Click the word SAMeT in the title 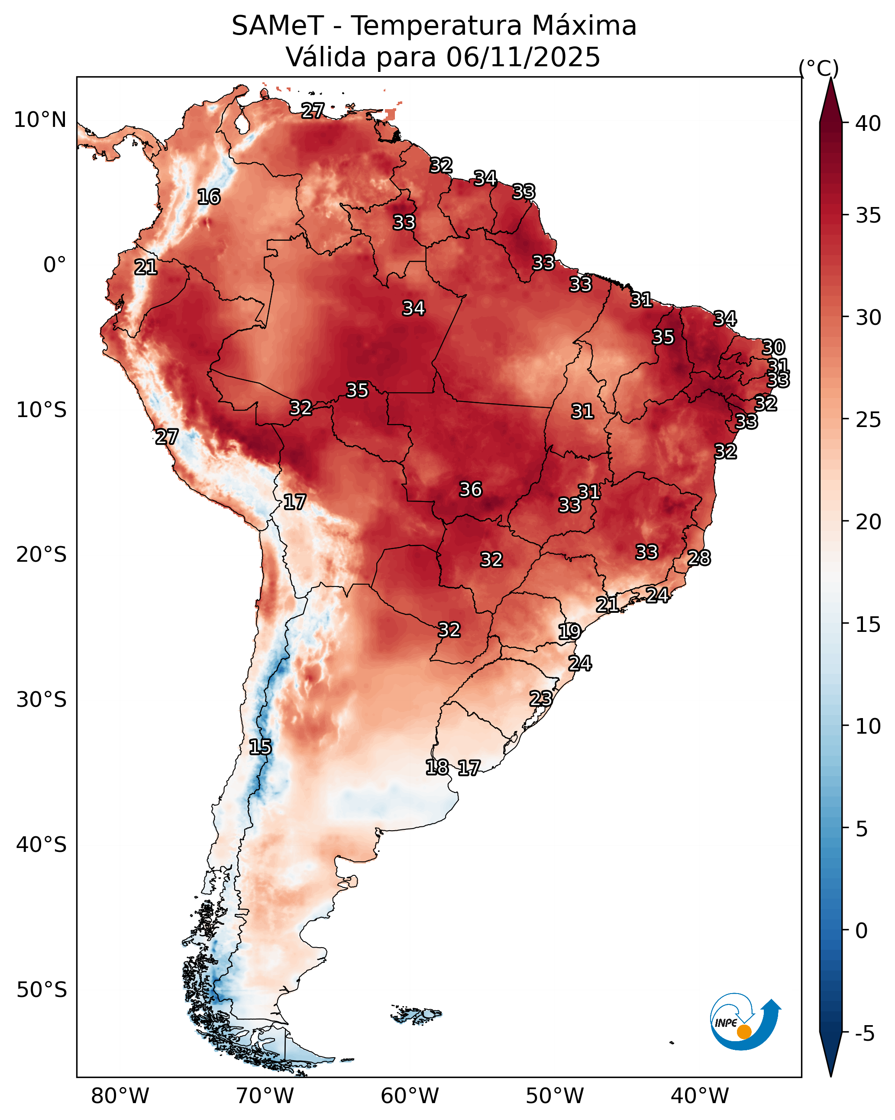pyautogui.click(x=278, y=26)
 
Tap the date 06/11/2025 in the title pyautogui.click(x=523, y=57)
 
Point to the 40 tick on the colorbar pyautogui.click(x=868, y=123)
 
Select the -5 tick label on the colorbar pyautogui.click(x=864, y=1033)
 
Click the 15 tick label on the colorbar pyautogui.click(x=868, y=625)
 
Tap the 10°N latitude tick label pyautogui.click(x=40, y=120)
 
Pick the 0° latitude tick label pyautogui.click(x=55, y=265)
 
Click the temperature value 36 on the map pyautogui.click(x=471, y=489)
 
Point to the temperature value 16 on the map pyautogui.click(x=209, y=197)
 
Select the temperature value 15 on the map pyautogui.click(x=260, y=747)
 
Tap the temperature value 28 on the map pyautogui.click(x=699, y=558)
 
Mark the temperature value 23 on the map pyautogui.click(x=541, y=698)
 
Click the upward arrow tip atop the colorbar pyautogui.click(x=830, y=78)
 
